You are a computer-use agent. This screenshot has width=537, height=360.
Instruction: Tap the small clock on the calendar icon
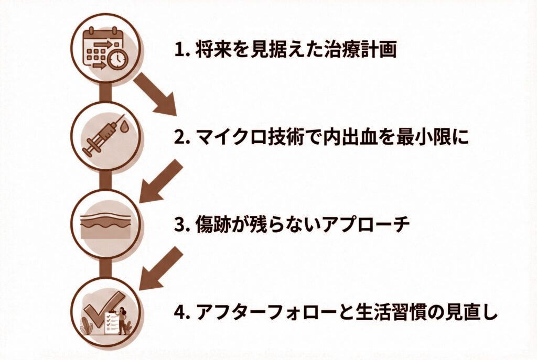tap(118, 60)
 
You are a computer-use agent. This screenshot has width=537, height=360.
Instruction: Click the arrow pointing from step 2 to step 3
tap(160, 181)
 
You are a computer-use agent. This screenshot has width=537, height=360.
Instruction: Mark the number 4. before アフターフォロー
tap(181, 313)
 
